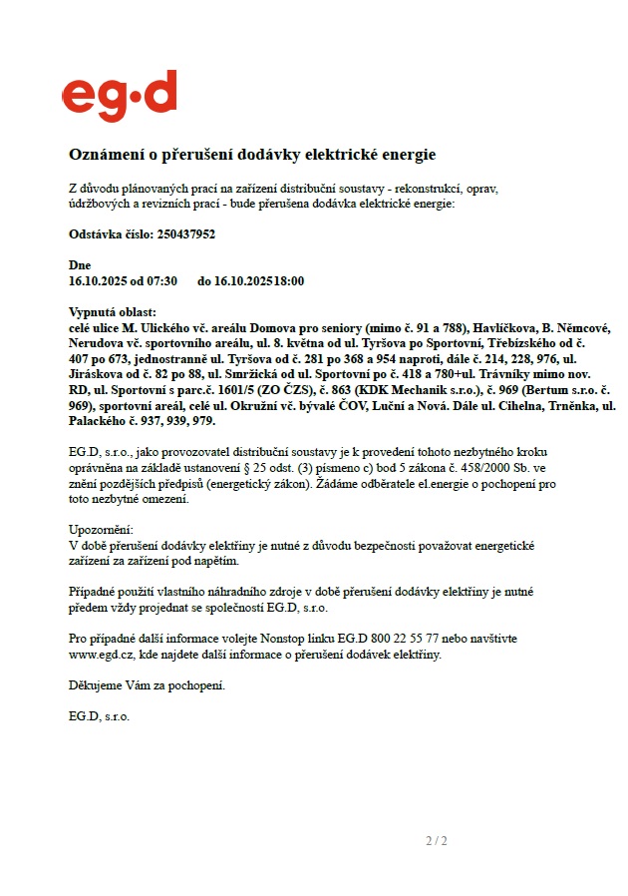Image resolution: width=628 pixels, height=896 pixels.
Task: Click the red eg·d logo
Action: [x=120, y=96]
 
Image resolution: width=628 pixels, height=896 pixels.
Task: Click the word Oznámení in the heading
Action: [x=107, y=156]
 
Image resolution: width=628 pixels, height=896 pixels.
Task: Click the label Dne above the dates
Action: [x=79, y=266]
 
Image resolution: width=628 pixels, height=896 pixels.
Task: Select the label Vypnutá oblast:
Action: [x=113, y=313]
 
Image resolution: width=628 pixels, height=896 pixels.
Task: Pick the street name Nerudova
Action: [x=96, y=343]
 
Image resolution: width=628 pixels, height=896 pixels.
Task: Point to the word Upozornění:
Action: [x=101, y=530]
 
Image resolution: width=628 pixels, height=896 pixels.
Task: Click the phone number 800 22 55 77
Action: [x=399, y=638]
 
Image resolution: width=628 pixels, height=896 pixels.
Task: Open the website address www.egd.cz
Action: [x=102, y=655]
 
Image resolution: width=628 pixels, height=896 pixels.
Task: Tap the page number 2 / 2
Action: [x=437, y=840]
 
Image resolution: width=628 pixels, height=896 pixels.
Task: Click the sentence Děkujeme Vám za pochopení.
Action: [x=148, y=686]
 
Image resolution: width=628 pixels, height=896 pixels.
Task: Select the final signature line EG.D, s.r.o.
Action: [x=99, y=715]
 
